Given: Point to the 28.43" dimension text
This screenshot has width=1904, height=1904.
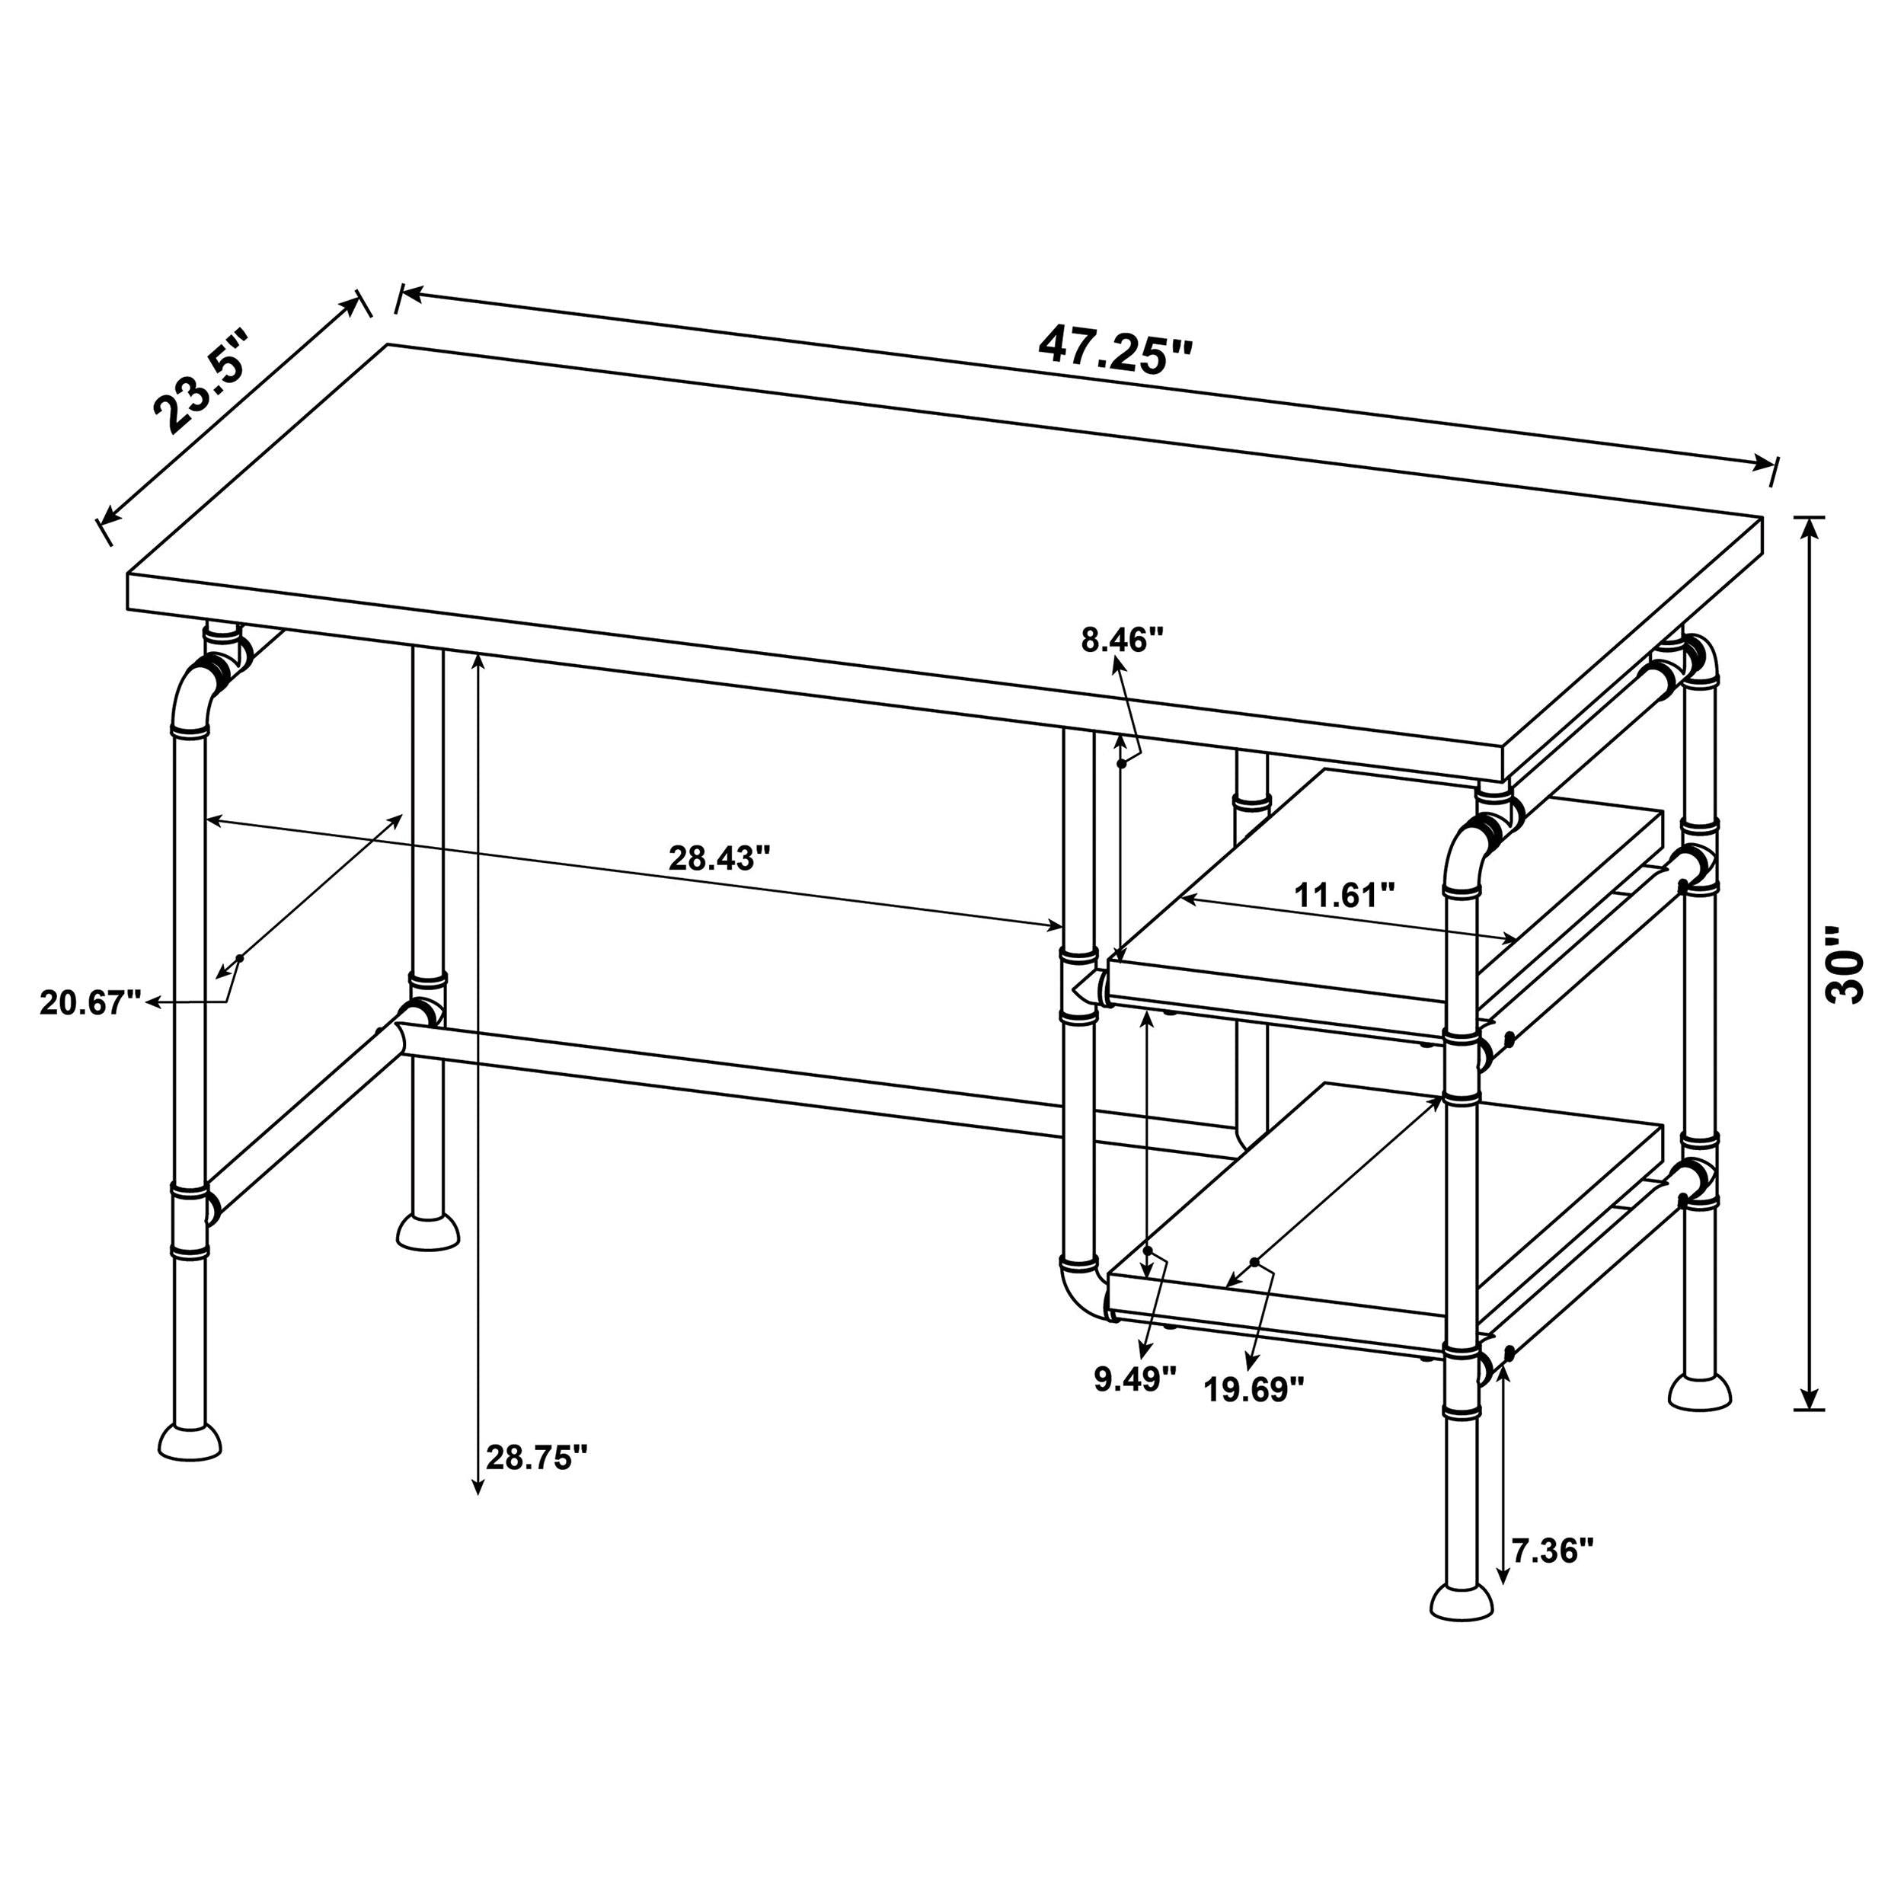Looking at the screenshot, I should pos(718,858).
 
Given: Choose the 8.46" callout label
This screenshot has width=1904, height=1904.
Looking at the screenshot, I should pos(1123,641).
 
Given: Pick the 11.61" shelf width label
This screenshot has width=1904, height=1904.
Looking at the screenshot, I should pos(1344,895).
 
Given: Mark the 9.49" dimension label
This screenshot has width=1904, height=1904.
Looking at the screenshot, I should pos(1136,1378).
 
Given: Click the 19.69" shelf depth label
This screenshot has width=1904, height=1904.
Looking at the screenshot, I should pos(1254,1390).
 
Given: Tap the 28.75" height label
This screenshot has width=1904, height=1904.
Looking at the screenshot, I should pos(537,1458).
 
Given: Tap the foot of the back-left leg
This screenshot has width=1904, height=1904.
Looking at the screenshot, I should pos(428,1231).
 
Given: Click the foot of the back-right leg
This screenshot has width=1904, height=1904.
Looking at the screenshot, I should pos(1699,1391).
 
